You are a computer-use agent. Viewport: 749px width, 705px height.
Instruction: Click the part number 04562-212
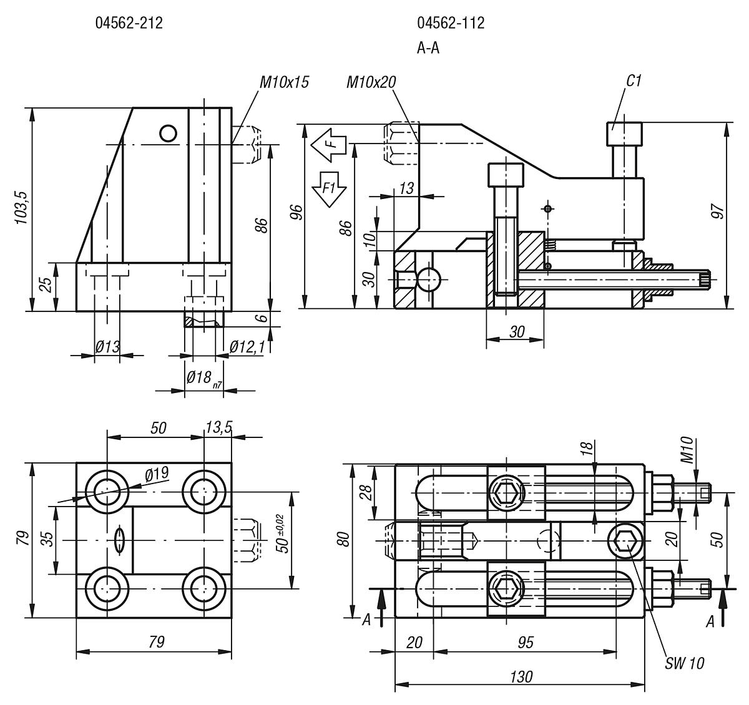[129, 24]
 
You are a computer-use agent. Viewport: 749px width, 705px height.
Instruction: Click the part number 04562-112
[451, 24]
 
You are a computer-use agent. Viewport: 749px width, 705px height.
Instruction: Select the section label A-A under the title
[428, 48]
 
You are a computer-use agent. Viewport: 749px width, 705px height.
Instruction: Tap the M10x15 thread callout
[285, 82]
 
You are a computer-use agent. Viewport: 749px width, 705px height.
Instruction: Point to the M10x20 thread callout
[371, 82]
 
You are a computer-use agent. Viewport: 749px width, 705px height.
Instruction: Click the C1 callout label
[634, 80]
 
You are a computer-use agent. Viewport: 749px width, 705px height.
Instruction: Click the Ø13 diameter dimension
[107, 346]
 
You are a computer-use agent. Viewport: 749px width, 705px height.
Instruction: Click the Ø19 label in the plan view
[157, 474]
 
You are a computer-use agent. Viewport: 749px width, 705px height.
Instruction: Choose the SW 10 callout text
[684, 663]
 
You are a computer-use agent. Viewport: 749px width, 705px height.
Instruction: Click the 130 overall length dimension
[521, 677]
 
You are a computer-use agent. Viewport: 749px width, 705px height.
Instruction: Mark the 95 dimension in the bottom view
[526, 642]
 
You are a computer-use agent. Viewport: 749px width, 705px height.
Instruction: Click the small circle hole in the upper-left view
[168, 133]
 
